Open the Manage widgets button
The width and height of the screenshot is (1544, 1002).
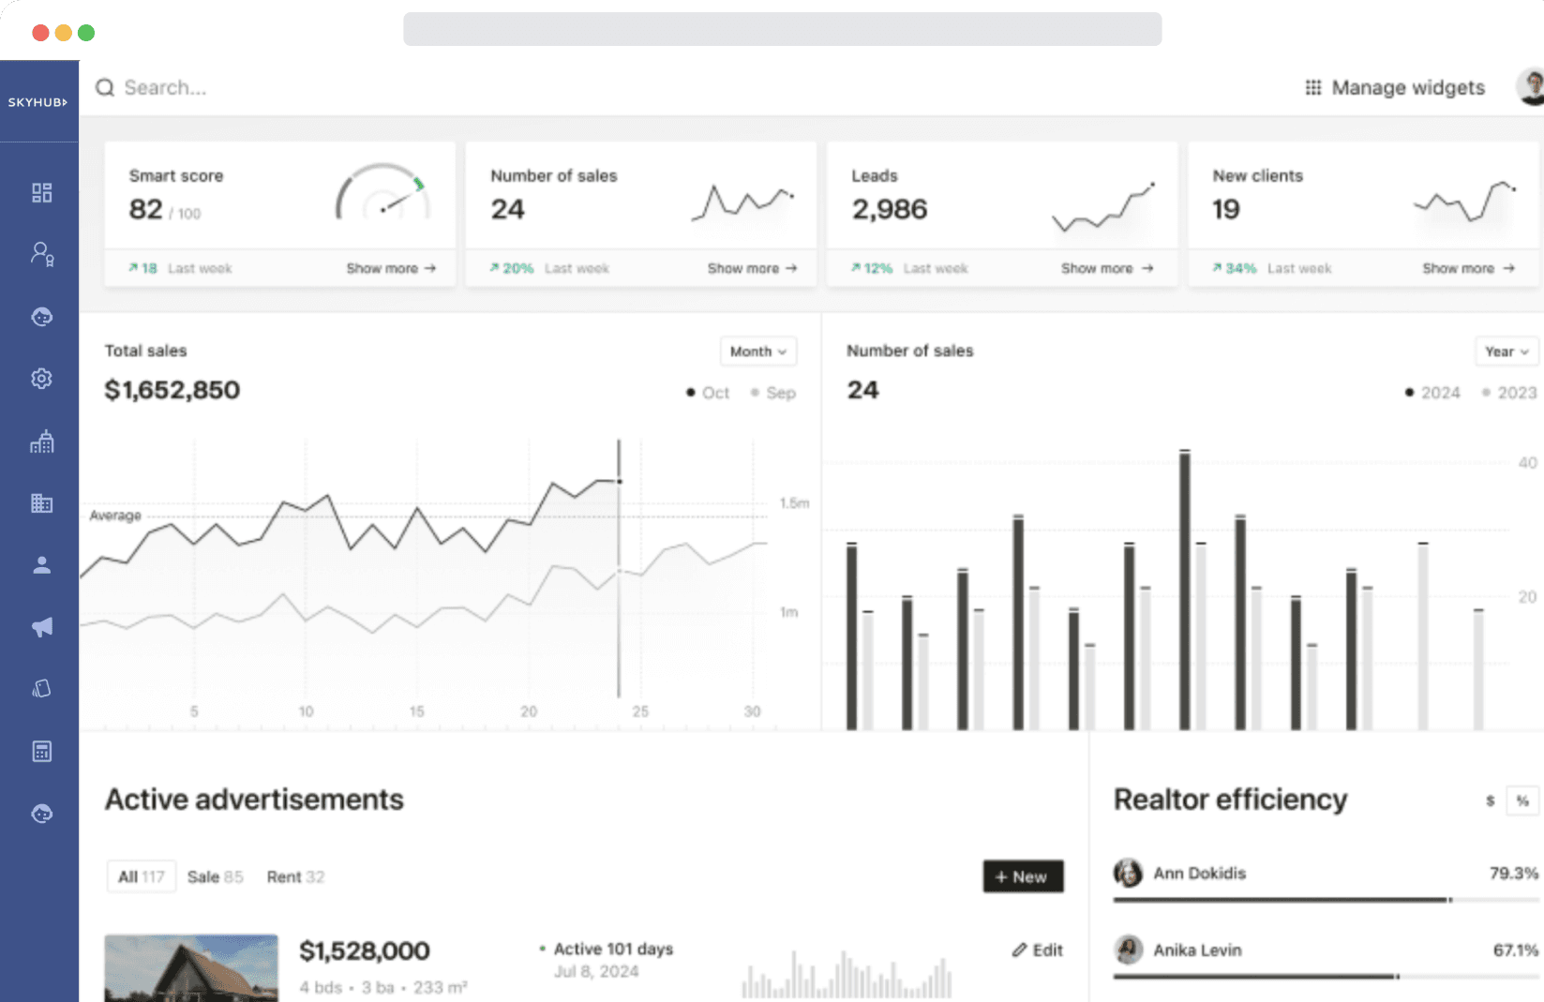coord(1395,88)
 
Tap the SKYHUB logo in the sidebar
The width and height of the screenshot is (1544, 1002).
coord(37,102)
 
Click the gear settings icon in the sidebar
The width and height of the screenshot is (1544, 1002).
coord(41,379)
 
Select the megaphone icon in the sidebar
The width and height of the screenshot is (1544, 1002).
coord(41,627)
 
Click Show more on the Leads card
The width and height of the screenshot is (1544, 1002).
coord(1106,268)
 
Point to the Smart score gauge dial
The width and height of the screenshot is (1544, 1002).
coord(382,195)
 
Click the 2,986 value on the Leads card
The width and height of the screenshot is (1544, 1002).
coord(889,209)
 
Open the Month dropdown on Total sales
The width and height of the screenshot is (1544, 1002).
coord(757,351)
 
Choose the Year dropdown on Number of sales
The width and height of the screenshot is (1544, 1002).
coord(1506,351)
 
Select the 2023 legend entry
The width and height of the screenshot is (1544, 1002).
coord(1509,393)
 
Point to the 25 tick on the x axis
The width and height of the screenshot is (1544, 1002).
coord(640,711)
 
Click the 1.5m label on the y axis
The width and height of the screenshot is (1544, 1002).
coord(794,503)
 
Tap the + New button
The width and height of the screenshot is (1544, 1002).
coord(1023,876)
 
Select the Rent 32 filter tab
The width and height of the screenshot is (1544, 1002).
coord(295,877)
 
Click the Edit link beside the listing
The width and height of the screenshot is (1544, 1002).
coord(1038,950)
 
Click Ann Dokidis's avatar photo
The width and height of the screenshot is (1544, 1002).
coord(1128,874)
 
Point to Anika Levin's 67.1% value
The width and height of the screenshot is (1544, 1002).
coord(1515,950)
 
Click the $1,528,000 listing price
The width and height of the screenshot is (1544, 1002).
coord(364,951)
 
